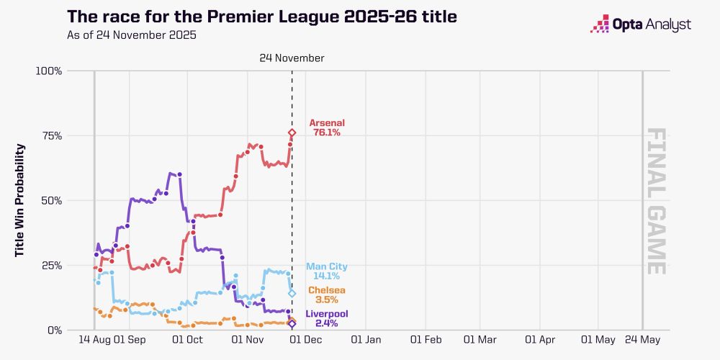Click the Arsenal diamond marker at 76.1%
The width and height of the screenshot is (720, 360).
pyautogui.click(x=292, y=132)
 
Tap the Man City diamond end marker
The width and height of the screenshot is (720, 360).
pyautogui.click(x=292, y=293)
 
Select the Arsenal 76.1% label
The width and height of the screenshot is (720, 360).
pyautogui.click(x=327, y=127)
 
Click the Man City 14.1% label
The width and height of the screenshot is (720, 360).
pyautogui.click(x=326, y=271)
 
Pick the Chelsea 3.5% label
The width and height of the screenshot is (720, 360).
pyautogui.click(x=326, y=295)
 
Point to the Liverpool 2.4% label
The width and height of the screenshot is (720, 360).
pyautogui.click(x=326, y=319)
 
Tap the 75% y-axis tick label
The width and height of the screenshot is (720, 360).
pyautogui.click(x=50, y=135)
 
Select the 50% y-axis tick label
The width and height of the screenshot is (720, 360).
pyautogui.click(x=50, y=200)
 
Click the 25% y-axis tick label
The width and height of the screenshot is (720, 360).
pyautogui.click(x=50, y=265)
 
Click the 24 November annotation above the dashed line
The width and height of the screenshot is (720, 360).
pyautogui.click(x=292, y=58)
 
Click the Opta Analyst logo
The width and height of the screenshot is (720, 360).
pyautogui.click(x=640, y=25)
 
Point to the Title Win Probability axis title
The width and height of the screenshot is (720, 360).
pyautogui.click(x=20, y=200)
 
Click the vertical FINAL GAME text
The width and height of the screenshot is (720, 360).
pyautogui.click(x=655, y=201)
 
